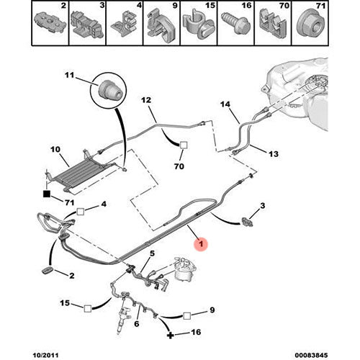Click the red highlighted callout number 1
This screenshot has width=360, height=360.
pos(201,244)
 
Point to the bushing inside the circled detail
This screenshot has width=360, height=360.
pos(109,91)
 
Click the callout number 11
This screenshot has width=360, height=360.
pos(70,75)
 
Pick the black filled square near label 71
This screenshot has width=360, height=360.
pos(47,194)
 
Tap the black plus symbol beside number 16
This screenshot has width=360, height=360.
pos(170,335)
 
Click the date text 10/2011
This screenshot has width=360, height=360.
pos(45,355)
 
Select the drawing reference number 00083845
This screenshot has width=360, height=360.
pos(311,355)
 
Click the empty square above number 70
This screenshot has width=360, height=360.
pos(184,145)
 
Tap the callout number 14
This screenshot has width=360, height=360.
pos(225,104)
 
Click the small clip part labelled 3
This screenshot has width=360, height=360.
pos(248,221)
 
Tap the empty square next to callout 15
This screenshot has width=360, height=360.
pos(88,308)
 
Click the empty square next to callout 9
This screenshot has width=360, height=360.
pos(186,316)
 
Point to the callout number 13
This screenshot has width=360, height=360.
pos(273,153)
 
